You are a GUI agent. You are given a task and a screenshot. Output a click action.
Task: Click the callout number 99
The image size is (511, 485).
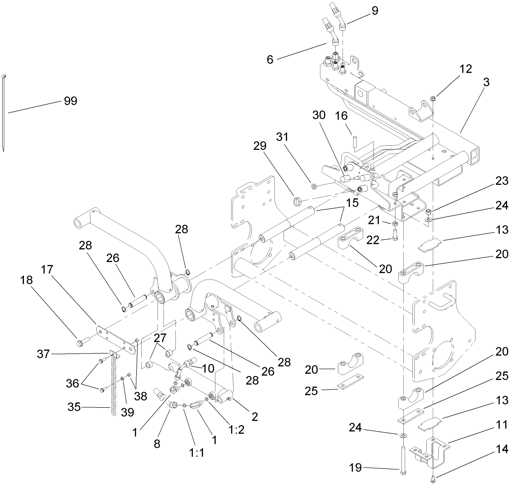click(x=70, y=101)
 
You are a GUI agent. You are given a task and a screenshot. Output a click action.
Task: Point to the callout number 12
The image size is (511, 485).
click(x=465, y=69)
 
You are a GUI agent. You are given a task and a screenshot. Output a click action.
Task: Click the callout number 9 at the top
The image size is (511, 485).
click(x=375, y=11)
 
